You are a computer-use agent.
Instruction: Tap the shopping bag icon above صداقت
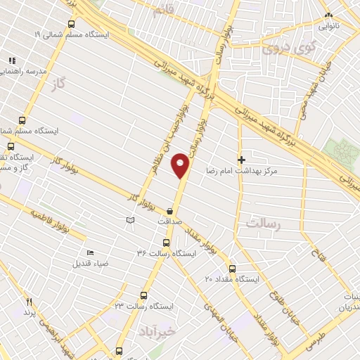(170, 210)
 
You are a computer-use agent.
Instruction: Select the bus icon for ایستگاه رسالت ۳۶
(166, 243)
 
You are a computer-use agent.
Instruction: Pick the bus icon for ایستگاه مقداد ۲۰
(233, 269)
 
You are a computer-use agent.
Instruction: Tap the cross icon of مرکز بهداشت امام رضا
(242, 160)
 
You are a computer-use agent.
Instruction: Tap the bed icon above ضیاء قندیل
(90, 253)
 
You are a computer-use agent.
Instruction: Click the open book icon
(129, 221)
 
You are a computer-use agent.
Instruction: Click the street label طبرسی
(316, 343)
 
